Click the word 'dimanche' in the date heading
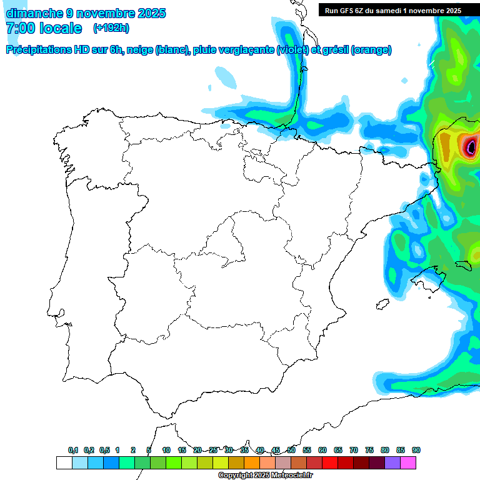pos(34,13)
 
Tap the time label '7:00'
pos(20,28)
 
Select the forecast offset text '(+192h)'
pos(111,28)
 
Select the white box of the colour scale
pos(64,462)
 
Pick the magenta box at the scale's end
pos(408,462)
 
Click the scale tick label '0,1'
pos(73,450)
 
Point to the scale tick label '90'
pos(416,450)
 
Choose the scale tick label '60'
pos(322,450)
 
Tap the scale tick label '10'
pos(166,450)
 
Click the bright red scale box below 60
pos(330,462)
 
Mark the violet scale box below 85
pos(392,462)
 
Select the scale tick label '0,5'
pos(104,450)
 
